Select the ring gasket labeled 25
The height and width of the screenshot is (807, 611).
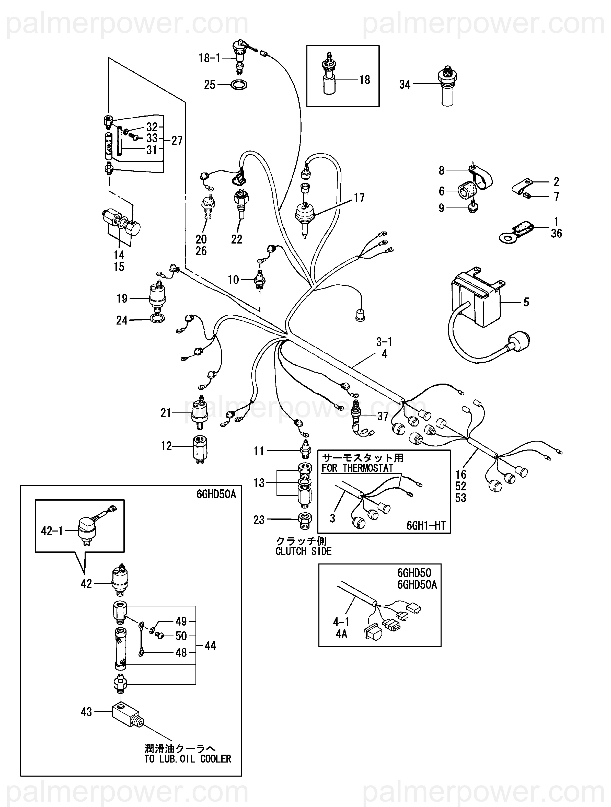coord(239,85)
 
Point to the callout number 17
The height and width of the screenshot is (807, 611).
coord(359,198)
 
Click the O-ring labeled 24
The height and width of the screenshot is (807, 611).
coord(157,318)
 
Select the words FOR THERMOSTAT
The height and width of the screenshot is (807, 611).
coord(357,468)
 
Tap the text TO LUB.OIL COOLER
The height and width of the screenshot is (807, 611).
coord(188,759)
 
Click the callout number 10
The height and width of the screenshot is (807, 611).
coord(234,280)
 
